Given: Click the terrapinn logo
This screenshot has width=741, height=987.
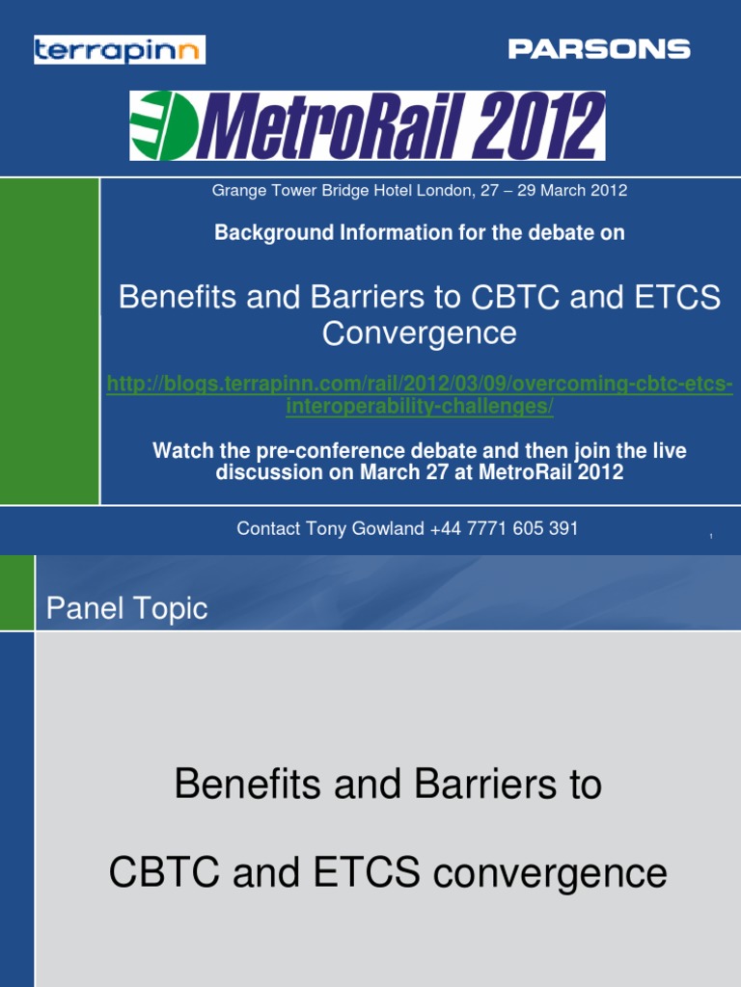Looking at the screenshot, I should [x=120, y=49].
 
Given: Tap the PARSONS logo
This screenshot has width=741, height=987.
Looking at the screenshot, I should [x=599, y=49].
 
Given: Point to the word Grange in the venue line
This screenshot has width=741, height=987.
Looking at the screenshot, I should [x=236, y=191].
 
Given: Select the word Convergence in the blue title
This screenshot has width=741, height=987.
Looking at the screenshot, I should [x=419, y=333].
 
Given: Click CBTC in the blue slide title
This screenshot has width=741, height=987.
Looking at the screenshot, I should [x=517, y=297].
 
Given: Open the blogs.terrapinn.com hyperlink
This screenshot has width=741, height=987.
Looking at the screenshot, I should [x=419, y=396].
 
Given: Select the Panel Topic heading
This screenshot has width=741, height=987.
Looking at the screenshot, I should [x=126, y=609].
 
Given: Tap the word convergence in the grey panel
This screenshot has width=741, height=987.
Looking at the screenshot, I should [x=550, y=873].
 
